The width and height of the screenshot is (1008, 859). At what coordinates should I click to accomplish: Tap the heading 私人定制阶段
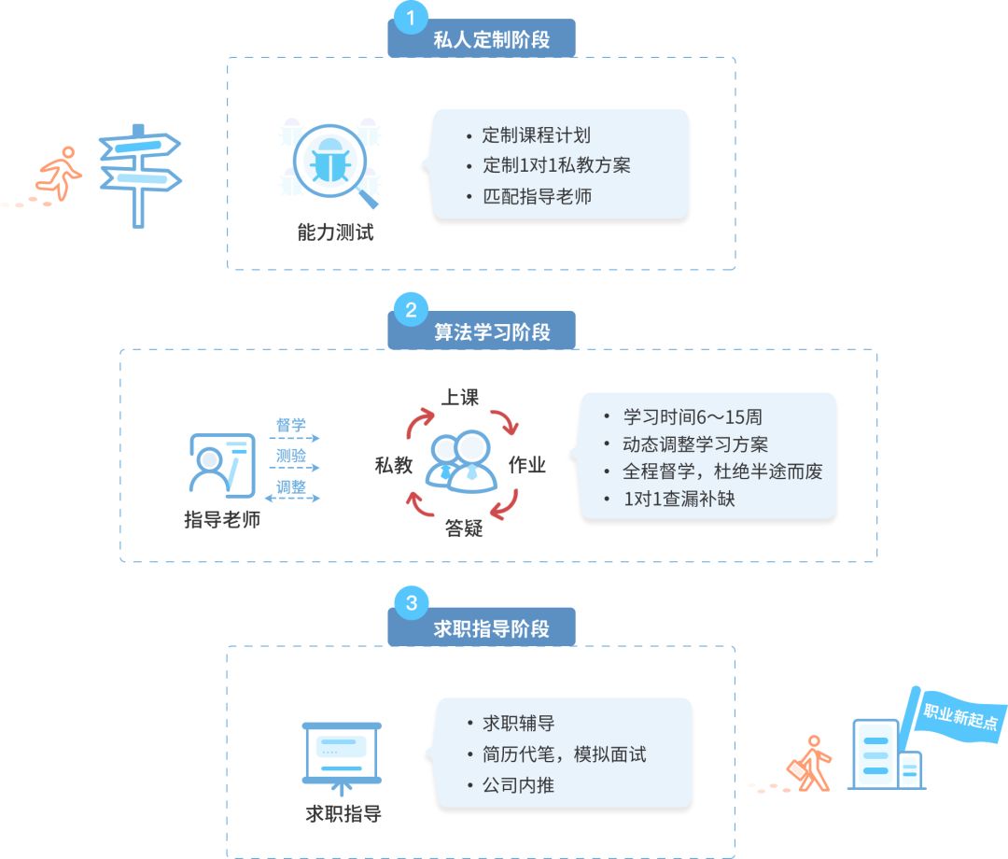click(x=492, y=40)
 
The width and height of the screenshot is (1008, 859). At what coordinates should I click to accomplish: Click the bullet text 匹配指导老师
click(x=537, y=197)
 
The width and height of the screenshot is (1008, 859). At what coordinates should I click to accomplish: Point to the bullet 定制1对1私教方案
click(x=556, y=166)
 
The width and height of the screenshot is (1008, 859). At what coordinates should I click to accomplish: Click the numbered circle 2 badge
click(x=411, y=309)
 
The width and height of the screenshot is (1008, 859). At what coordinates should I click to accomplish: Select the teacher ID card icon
click(x=221, y=464)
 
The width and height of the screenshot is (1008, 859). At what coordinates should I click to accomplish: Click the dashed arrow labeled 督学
click(x=291, y=437)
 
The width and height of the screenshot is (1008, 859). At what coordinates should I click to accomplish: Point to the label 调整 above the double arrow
click(x=291, y=486)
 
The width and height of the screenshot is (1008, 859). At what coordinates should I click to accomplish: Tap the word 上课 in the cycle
click(x=460, y=397)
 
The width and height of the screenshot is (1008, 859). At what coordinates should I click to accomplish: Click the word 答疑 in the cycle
click(x=464, y=528)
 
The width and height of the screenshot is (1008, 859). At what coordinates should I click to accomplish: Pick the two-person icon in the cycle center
click(x=461, y=461)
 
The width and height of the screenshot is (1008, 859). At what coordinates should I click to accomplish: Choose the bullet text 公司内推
click(x=518, y=785)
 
